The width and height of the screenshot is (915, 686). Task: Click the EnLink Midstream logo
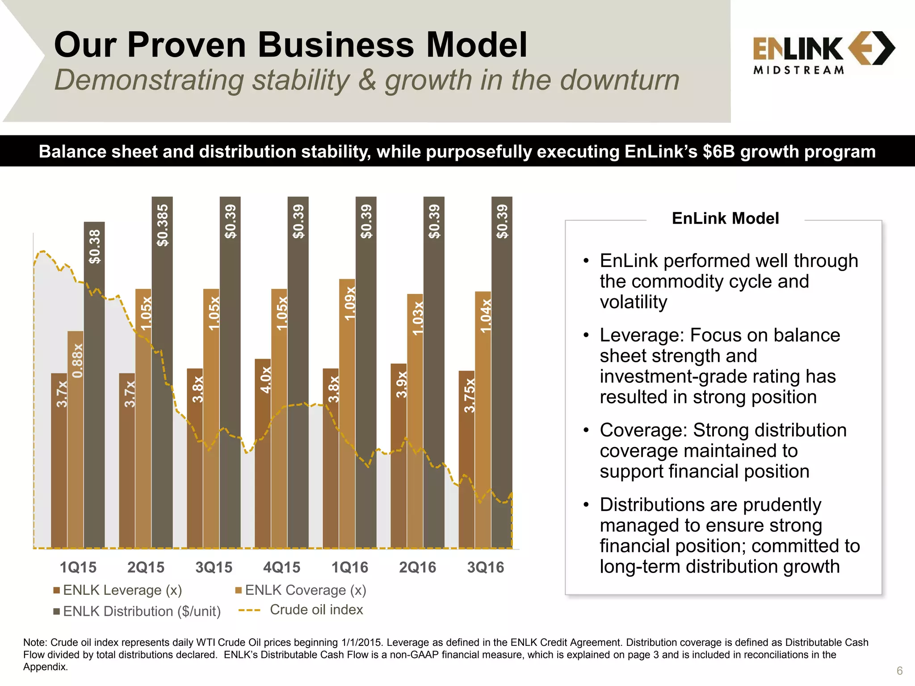tap(823, 52)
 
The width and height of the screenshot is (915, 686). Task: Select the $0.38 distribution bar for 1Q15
tap(94, 384)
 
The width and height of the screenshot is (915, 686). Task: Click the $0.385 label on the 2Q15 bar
tap(163, 226)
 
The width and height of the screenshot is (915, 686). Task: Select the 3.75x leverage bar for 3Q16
tap(466, 460)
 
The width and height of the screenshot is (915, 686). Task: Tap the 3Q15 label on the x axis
tap(214, 567)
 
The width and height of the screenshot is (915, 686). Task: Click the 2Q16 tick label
tap(417, 567)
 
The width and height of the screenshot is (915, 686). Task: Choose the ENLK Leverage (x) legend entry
tap(118, 590)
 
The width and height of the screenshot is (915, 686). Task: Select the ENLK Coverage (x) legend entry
tap(301, 590)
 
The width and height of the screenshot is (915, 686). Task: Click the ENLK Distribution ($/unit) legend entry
tap(137, 611)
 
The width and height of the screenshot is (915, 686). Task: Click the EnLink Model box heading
tap(725, 218)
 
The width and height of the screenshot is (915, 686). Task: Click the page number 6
tap(899, 671)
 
